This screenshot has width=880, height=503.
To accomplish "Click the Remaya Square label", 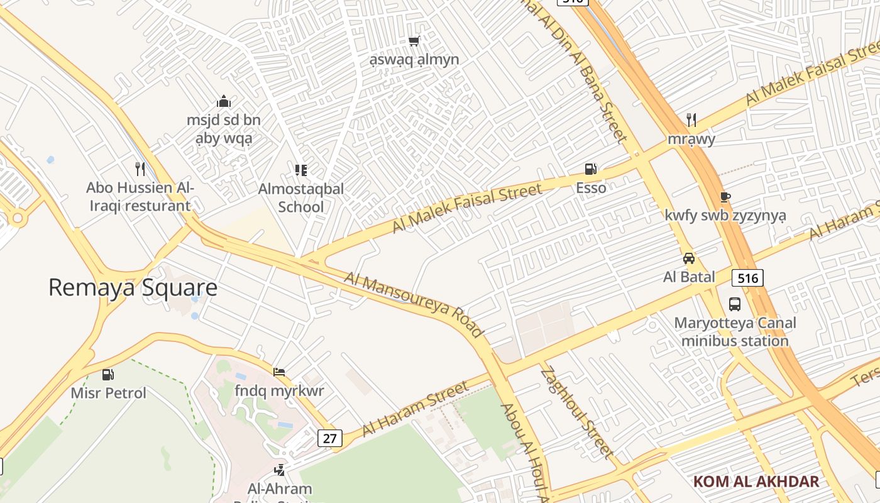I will point(133,288).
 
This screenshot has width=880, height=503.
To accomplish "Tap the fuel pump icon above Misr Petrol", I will point(108,375).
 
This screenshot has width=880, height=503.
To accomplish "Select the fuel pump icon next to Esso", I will point(590,169).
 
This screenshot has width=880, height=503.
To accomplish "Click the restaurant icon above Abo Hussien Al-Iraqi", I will point(140,169).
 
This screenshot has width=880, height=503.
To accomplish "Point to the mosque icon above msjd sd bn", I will point(224,101).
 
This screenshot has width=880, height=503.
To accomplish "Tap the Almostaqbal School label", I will point(301,197).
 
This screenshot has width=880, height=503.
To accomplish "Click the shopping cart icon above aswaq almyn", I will point(414,41).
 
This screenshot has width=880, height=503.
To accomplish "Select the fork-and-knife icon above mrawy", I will point(691,119).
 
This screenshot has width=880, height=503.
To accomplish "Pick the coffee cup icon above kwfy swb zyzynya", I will point(725,197).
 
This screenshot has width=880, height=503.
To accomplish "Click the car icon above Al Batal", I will point(689,258).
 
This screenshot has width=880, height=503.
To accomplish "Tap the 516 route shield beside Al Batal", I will point(747,277).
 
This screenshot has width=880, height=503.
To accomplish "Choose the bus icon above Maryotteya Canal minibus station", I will point(734,304).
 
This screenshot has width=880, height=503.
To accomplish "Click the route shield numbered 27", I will point(330,438).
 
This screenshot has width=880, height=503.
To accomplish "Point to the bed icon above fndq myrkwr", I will point(279,372).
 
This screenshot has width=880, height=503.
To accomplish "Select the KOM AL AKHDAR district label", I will point(756,482).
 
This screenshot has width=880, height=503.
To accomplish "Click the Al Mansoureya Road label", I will point(414,305).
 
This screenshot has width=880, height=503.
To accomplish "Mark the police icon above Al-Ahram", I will point(279,470).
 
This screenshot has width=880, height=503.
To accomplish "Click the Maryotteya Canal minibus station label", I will point(735,332).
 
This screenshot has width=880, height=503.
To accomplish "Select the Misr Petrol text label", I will point(108,394).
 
